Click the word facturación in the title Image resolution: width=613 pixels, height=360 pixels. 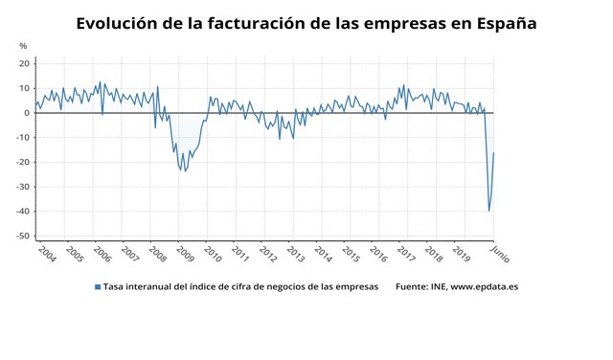pos(242,23)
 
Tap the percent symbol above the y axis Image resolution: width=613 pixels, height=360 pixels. pos(23,46)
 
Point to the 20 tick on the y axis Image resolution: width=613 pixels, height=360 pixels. pos(24,63)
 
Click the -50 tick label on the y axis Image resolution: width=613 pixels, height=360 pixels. pos(21,236)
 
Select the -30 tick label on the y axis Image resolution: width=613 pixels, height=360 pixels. pos(21,187)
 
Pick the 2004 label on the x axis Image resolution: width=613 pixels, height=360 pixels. pos(46,254)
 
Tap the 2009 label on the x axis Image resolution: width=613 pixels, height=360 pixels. pos(185,254)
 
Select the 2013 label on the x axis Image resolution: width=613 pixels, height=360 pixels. pos(296,254)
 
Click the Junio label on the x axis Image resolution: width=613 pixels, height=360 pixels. pos(499,253)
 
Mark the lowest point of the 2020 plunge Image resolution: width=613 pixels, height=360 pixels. pos(489,211)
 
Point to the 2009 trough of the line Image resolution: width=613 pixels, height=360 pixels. pos(183,171)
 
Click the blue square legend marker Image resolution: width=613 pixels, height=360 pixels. pos(97,286)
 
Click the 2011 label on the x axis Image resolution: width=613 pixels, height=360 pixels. pos(240,254)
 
